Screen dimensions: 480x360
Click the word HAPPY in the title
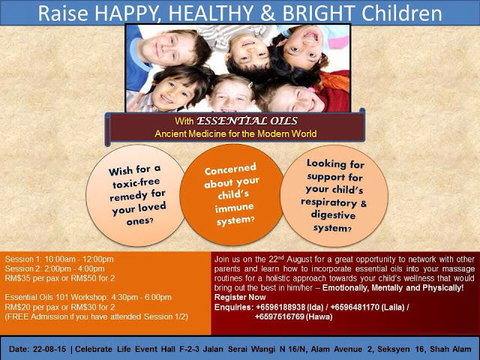pyautogui.click(x=127, y=13)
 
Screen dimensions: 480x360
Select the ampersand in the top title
pyautogui.click(x=268, y=13)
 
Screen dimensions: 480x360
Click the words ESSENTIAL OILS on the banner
pyautogui.click(x=247, y=121)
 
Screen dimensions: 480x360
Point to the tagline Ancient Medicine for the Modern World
pyautogui.click(x=235, y=133)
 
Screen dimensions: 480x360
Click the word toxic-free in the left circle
pyautogui.click(x=136, y=183)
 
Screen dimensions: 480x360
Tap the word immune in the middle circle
pyautogui.click(x=234, y=208)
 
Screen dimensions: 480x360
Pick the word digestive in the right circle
pyautogui.click(x=333, y=215)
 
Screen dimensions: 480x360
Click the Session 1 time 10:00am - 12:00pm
pyautogui.click(x=79, y=259)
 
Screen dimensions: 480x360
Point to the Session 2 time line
pyautogui.click(x=55, y=268)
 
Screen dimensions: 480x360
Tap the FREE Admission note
pyautogui.click(x=97, y=316)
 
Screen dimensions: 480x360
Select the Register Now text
pyautogui.click(x=240, y=297)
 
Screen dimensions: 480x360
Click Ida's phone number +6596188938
pyautogui.click(x=280, y=307)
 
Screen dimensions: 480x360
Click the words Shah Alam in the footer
pyautogui.click(x=451, y=349)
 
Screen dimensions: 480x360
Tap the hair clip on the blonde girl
pyautogui.click(x=250, y=85)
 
